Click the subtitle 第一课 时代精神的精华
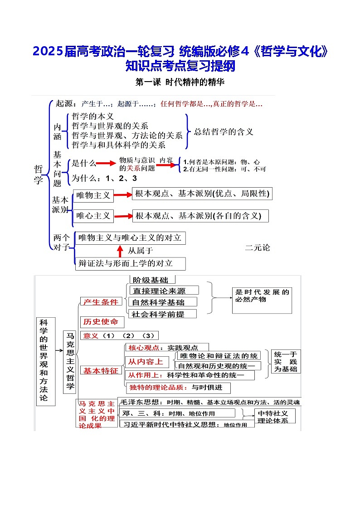coord(180,82)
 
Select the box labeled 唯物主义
coord(93,195)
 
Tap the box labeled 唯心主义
coord(93,216)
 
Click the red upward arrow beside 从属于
coord(120,250)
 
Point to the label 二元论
coord(257,247)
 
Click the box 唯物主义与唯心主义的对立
coord(130,238)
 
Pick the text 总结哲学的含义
coord(224,132)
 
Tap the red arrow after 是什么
coord(106,163)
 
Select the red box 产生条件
coord(100,302)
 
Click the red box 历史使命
coord(101,321)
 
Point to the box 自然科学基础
coord(158,302)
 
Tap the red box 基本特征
coord(101,370)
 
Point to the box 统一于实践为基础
coord(286,361)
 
